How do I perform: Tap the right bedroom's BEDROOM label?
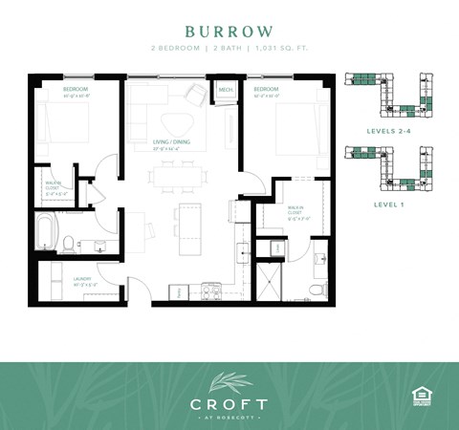coord(266,92)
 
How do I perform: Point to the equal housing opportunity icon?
coord(419,396)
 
